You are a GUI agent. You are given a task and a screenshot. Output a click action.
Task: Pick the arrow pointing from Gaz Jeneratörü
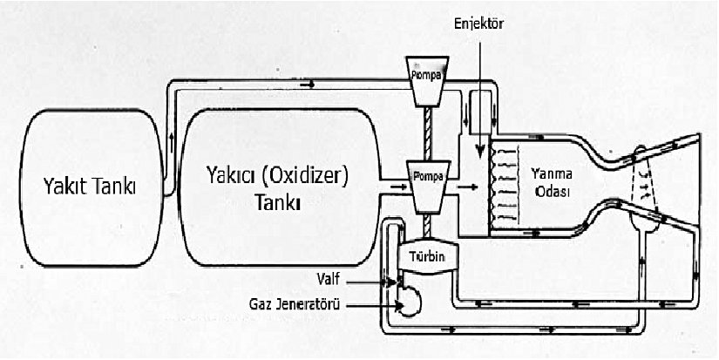(384, 306)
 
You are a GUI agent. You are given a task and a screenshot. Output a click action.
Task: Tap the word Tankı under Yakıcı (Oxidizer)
(277, 203)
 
